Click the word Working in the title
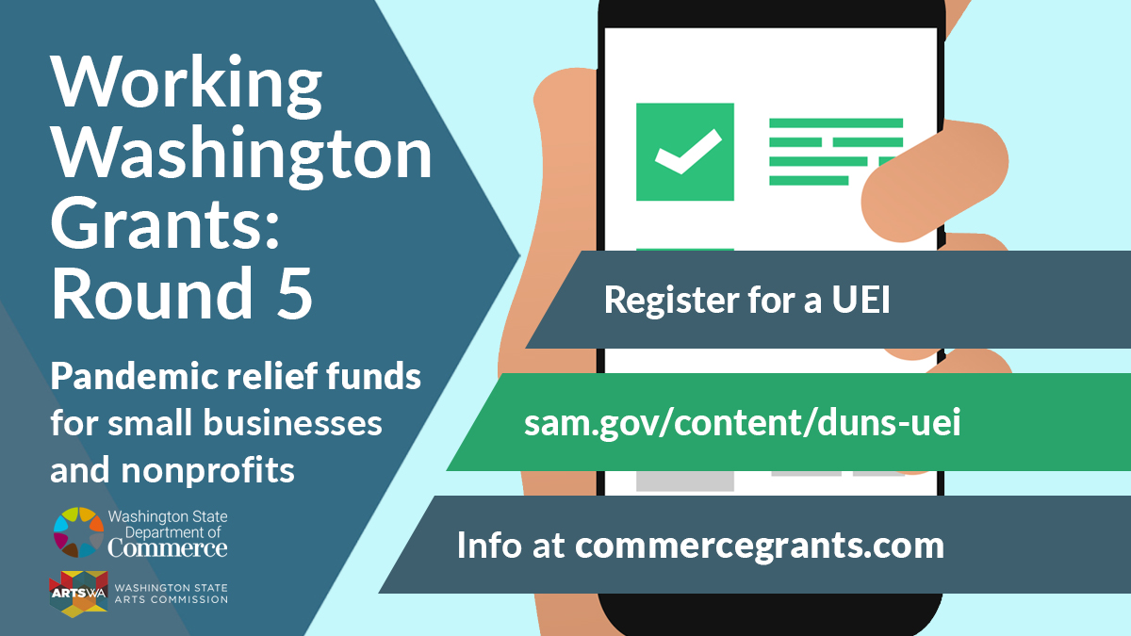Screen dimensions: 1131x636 pyautogui.click(x=186, y=86)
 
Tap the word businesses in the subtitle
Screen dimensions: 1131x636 pyautogui.click(x=292, y=422)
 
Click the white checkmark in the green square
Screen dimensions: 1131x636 pyautogui.click(x=688, y=152)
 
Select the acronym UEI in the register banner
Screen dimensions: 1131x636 pyautogui.click(x=861, y=300)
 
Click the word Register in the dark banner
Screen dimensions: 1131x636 pyautogui.click(x=671, y=301)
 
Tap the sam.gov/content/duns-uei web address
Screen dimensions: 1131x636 pyautogui.click(x=743, y=423)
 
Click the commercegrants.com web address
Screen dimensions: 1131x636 pyautogui.click(x=760, y=546)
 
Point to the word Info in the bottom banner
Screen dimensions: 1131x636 pyautogui.click(x=489, y=545)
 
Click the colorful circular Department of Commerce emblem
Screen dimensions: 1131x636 pyautogui.click(x=78, y=532)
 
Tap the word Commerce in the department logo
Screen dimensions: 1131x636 pyautogui.click(x=168, y=548)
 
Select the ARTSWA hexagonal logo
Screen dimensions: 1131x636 pyautogui.click(x=78, y=595)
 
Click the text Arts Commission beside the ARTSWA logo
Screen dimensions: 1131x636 pyautogui.click(x=172, y=599)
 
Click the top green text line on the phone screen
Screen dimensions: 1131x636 pyautogui.click(x=836, y=123)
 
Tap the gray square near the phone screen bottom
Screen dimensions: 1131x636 pyautogui.click(x=684, y=481)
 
